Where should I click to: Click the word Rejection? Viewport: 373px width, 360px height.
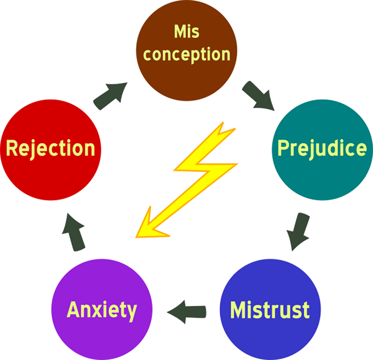50,149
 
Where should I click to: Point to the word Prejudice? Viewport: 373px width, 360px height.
322,149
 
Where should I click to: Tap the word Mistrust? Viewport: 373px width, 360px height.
270,311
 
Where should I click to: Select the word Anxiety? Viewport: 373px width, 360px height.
102,311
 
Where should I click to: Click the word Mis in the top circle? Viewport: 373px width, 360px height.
187,32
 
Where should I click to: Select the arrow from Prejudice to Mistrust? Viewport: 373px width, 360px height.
297,231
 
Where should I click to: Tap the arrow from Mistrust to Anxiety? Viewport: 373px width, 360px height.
187,311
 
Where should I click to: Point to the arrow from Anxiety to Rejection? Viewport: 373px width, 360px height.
73,231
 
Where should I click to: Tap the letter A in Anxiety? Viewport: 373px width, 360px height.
74,311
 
